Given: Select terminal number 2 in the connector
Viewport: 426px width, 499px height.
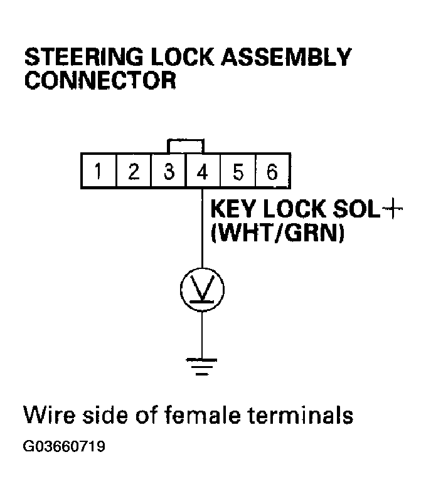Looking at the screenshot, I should coord(134,171).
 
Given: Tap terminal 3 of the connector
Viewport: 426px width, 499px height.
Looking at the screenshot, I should coord(168,171).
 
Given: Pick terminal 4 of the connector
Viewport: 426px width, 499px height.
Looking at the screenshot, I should coord(203,171).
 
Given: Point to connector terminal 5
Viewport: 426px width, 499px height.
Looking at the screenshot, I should coord(238,171).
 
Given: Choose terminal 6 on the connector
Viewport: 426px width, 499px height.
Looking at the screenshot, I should coord(272,171).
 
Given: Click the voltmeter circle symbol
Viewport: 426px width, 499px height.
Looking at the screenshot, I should coord(202,290).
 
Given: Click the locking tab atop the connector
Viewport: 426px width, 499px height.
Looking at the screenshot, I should coord(186,145).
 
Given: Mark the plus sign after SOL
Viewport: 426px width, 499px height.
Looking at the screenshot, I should coord(391,211).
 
